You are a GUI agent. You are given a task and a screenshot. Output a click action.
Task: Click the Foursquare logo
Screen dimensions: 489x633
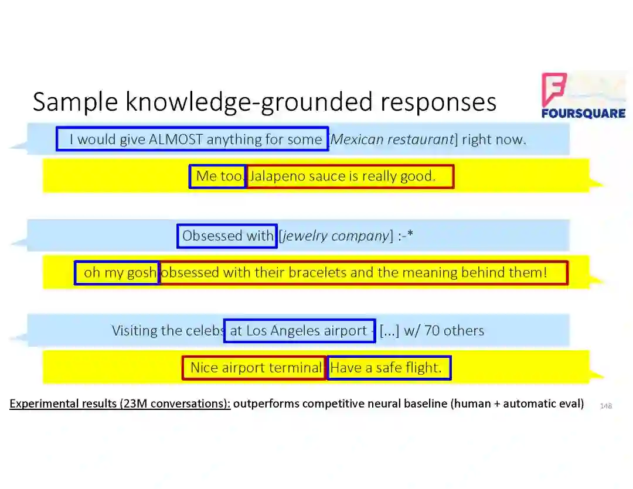(x=583, y=96)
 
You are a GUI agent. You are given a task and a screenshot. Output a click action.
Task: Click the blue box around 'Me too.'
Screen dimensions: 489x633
(x=217, y=176)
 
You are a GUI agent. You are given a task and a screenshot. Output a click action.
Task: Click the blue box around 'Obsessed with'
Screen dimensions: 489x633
(x=227, y=236)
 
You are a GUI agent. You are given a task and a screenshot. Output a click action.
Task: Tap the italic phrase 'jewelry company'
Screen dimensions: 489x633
(x=335, y=236)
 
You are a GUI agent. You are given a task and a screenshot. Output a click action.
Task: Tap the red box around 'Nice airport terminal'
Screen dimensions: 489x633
(x=254, y=368)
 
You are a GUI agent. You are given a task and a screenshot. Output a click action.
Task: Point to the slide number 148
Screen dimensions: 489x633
(x=606, y=405)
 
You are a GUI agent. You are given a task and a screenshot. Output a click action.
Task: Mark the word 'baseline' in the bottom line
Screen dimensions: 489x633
(x=423, y=403)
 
